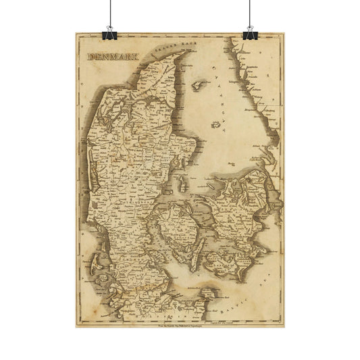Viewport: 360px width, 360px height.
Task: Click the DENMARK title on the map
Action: pos(111,57)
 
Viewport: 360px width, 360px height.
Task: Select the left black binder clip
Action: pos(108,31)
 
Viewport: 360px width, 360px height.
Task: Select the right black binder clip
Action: pos(251,31)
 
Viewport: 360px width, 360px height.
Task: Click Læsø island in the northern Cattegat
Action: pos(200,86)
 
